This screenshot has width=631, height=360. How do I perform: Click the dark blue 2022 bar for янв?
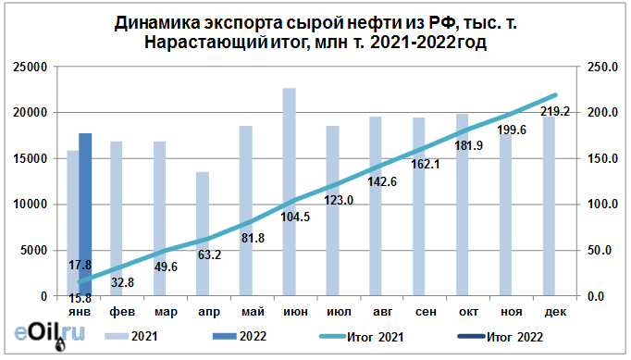85,215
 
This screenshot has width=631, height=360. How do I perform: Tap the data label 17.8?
80,265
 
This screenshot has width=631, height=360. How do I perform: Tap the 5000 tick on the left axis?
34,250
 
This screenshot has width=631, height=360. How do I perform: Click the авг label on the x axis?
376,312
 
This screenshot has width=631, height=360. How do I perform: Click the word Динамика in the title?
156,23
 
